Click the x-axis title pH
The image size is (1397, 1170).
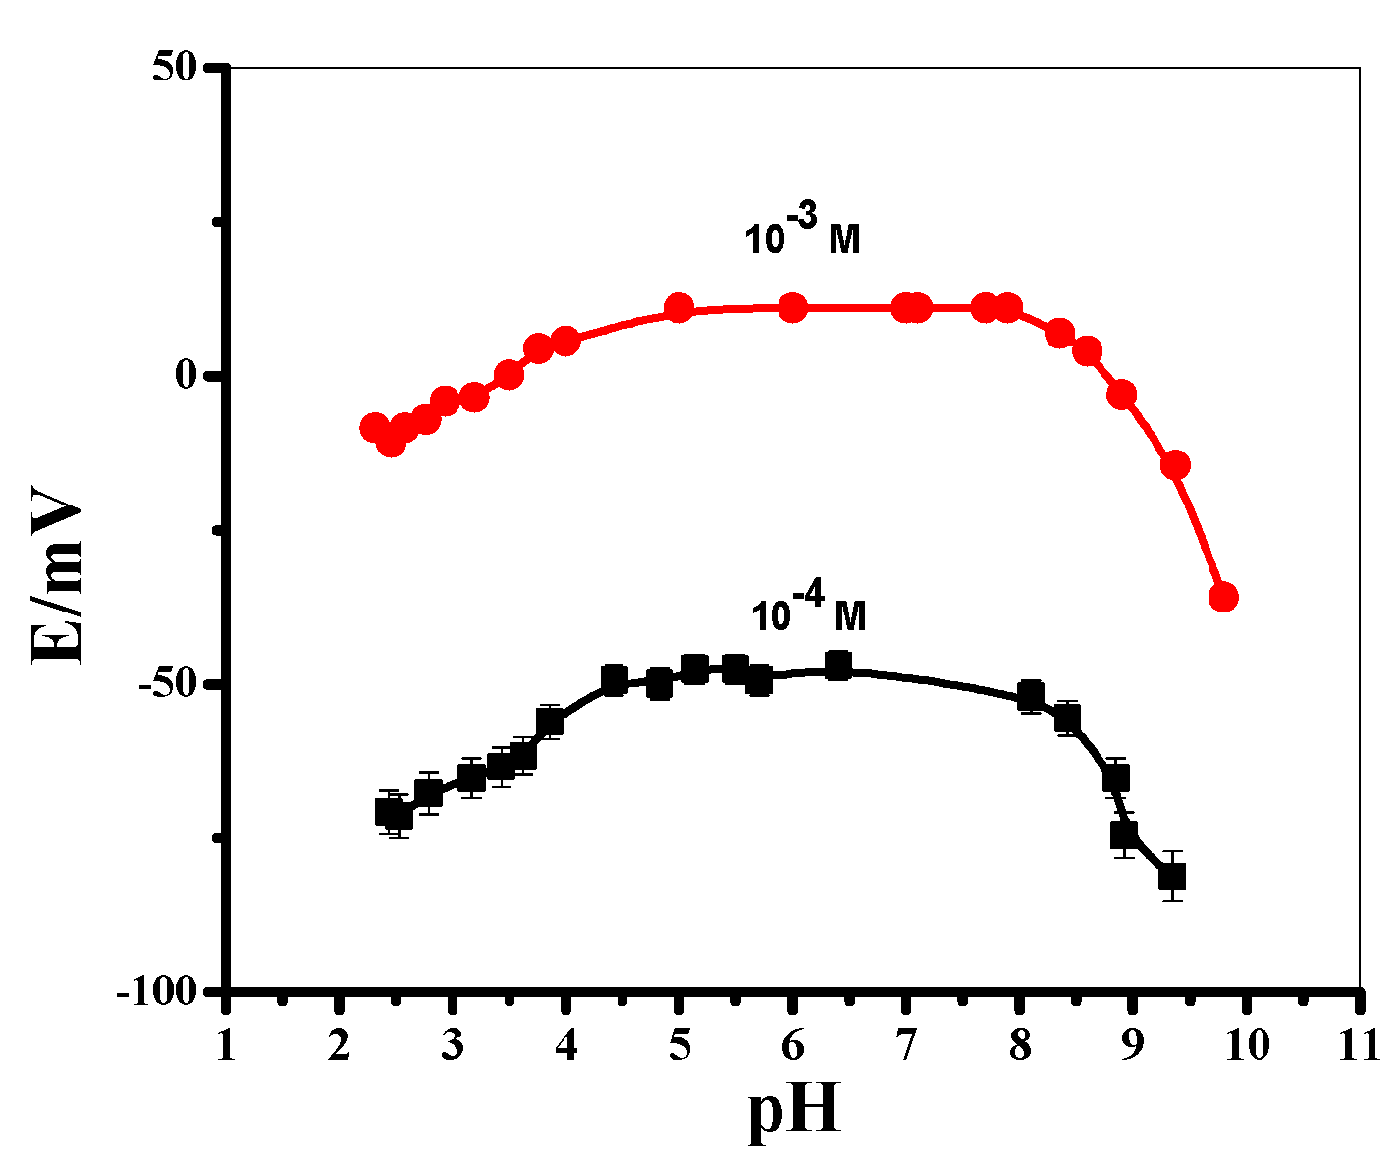795,1111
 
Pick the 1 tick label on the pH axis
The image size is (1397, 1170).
226,1043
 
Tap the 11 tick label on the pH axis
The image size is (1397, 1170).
1359,1043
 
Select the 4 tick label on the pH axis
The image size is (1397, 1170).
566,1043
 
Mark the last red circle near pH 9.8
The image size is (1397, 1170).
1223,597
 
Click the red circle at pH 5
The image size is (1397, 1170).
678,309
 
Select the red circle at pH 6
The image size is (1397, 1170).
793,308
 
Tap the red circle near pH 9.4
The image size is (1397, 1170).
1176,465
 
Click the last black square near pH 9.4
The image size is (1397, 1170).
1172,876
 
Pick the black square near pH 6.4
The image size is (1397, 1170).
838,665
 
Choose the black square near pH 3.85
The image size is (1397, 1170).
550,721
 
